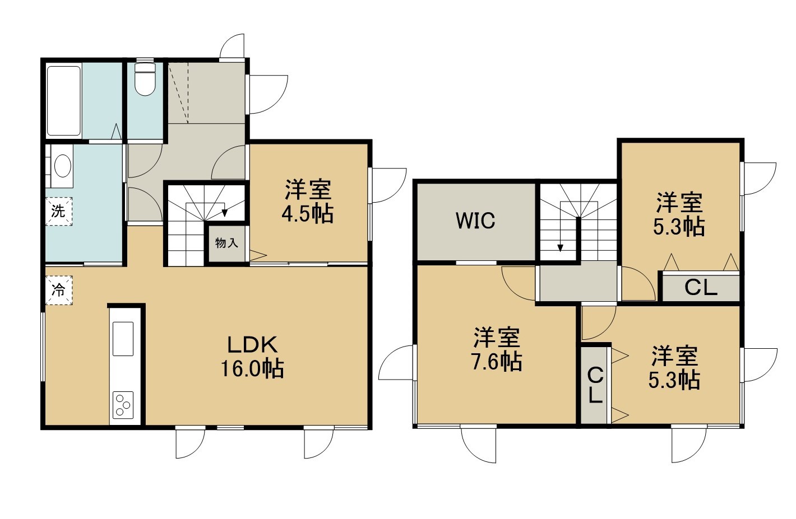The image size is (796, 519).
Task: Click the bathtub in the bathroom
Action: (64, 101)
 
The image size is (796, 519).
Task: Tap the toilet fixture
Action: (145, 80)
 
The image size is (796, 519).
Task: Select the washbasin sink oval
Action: (63, 166)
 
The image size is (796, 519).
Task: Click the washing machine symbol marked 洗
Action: (59, 211)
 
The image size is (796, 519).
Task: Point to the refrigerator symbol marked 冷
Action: (59, 290)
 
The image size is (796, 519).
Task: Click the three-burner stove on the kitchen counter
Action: (123, 405)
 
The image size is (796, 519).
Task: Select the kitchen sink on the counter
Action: (123, 339)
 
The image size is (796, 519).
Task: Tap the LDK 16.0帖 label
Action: (252, 357)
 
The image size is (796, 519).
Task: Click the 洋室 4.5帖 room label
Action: (308, 202)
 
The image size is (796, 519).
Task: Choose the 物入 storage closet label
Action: (226, 243)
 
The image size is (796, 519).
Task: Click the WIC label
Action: (475, 221)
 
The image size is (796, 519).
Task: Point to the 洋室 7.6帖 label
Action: (497, 349)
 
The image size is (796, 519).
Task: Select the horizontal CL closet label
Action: (701, 288)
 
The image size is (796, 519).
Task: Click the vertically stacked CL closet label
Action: (595, 385)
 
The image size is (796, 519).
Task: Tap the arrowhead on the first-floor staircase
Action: (225, 212)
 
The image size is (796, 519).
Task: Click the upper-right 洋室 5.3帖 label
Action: (679, 214)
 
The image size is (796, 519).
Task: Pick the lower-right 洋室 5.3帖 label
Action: (674, 368)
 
